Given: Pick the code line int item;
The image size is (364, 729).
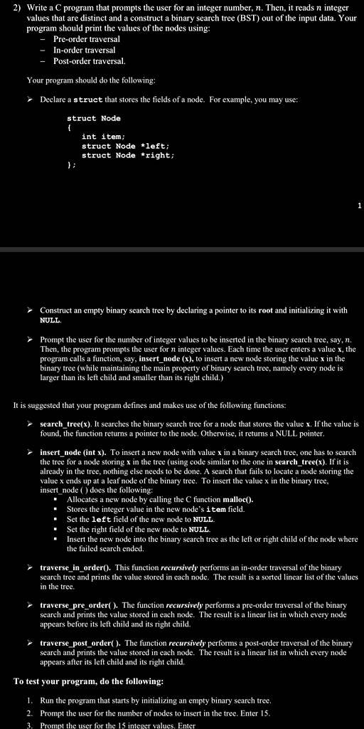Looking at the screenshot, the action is pos(103,137).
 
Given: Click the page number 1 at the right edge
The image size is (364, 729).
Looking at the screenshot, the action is pos(360,206).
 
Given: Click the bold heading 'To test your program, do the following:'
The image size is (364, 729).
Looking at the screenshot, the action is pos(88,681).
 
